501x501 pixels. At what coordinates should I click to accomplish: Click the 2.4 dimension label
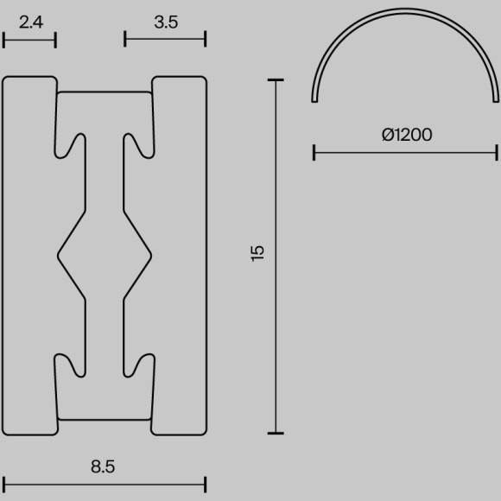[31, 22]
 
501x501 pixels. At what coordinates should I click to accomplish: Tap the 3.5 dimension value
[166, 22]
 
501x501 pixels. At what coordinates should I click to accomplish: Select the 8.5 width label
[103, 466]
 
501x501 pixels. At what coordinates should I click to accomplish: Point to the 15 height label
[257, 253]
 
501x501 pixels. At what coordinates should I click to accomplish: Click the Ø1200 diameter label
[407, 135]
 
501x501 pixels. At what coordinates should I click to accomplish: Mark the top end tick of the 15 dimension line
[276, 79]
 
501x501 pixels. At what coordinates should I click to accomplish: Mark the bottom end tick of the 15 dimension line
[276, 434]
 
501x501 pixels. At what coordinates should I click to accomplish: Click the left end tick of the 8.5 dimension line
[3, 485]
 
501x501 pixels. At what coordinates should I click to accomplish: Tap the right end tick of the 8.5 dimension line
[205, 485]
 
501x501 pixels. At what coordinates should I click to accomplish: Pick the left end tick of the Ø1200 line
[314, 152]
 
